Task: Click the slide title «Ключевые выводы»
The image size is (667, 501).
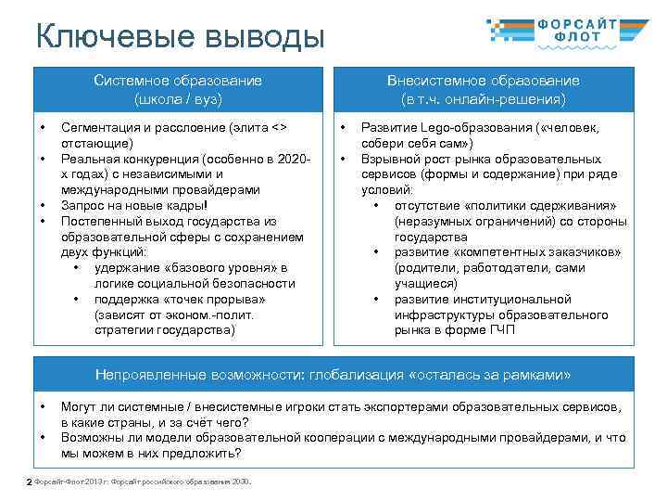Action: pyautogui.click(x=181, y=37)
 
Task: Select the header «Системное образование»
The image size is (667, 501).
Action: pyautogui.click(x=177, y=81)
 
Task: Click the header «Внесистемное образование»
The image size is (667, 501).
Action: pyautogui.click(x=483, y=81)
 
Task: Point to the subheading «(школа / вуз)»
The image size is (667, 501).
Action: pyautogui.click(x=177, y=97)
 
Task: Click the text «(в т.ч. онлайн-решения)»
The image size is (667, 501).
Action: pyautogui.click(x=483, y=97)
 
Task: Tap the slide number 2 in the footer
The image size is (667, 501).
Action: pyautogui.click(x=29, y=482)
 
